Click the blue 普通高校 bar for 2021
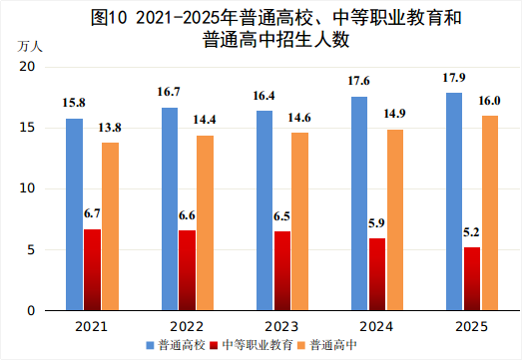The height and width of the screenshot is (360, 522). click(x=75, y=214)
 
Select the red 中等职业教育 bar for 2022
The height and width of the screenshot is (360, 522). click(x=188, y=270)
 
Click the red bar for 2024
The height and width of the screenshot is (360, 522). click(x=377, y=274)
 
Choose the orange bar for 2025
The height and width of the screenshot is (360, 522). click(x=490, y=213)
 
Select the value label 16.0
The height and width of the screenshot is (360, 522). click(x=490, y=101)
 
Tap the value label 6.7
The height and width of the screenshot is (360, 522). click(x=92, y=213)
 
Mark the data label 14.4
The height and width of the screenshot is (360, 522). click(x=206, y=122)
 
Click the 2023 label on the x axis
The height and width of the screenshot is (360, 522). click(x=282, y=326)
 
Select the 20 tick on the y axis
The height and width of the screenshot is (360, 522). click(x=28, y=66)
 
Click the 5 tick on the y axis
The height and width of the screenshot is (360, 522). click(x=31, y=249)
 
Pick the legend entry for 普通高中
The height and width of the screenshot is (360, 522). click(x=334, y=346)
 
